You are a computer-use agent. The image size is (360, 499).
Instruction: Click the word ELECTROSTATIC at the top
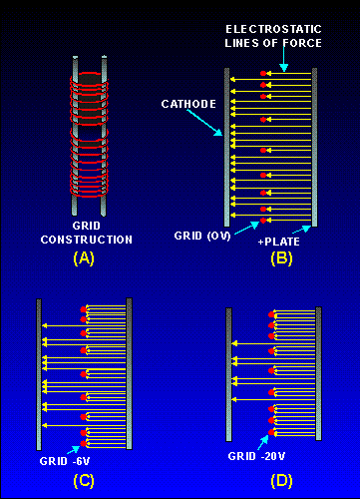(273, 29)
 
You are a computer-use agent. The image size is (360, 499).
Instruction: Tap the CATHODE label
(188, 104)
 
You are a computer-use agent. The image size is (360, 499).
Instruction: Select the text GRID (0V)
(202, 236)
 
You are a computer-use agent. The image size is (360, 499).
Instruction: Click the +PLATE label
(279, 242)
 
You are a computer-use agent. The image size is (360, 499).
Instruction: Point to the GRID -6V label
(65, 461)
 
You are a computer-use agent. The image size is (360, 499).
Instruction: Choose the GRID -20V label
(256, 456)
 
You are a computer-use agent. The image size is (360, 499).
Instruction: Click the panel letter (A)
(84, 258)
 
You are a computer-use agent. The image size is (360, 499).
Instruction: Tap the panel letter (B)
(281, 258)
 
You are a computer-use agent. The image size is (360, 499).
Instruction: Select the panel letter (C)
(84, 481)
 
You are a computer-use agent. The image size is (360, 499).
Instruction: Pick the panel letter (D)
(281, 481)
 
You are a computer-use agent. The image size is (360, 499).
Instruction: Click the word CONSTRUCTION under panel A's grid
(87, 240)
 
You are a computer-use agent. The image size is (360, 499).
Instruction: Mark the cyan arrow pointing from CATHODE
(204, 122)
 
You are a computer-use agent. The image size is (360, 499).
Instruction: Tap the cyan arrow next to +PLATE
(301, 230)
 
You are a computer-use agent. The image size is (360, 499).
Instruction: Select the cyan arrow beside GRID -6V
(74, 450)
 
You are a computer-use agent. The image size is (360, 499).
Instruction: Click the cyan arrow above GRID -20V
(263, 442)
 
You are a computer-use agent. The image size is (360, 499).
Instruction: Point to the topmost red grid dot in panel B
(263, 73)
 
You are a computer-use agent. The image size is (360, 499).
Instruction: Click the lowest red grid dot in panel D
(271, 432)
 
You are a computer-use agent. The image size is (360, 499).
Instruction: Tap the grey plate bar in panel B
(314, 148)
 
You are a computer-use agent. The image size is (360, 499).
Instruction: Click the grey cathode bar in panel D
(228, 374)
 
